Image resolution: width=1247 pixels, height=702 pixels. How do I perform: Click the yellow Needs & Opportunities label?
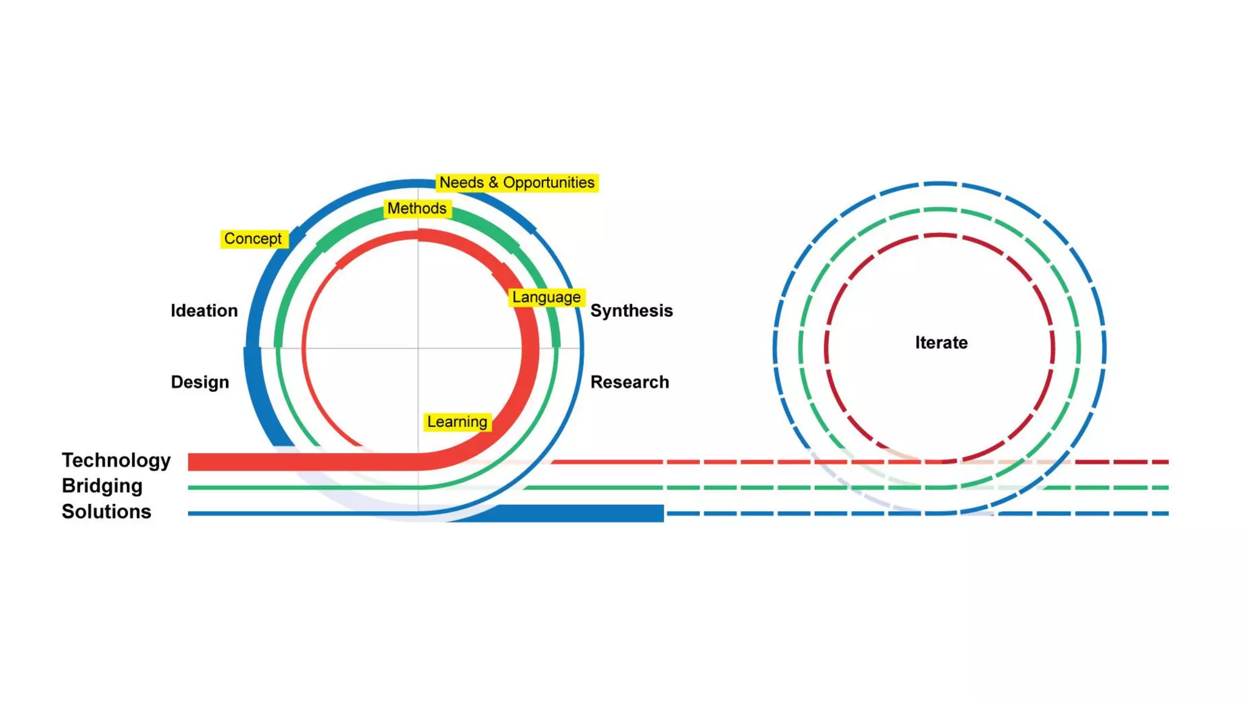click(x=517, y=183)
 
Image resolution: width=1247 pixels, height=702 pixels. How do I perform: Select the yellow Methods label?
click(x=417, y=208)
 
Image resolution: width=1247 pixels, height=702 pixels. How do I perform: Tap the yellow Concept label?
click(x=253, y=239)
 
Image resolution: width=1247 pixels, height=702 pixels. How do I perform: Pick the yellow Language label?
click(x=546, y=297)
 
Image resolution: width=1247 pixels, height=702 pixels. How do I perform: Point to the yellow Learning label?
click(x=457, y=422)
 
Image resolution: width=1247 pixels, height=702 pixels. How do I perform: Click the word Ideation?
click(x=204, y=311)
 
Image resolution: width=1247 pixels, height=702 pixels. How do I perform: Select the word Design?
click(x=200, y=382)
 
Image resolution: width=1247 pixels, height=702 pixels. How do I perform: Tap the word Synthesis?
click(x=631, y=311)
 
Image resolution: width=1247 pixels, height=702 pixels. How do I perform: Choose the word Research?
click(x=630, y=382)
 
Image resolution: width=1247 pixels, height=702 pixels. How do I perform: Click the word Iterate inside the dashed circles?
click(x=941, y=342)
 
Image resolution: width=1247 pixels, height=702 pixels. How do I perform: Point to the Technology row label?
click(x=116, y=460)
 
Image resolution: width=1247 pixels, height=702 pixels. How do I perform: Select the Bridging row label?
click(x=102, y=486)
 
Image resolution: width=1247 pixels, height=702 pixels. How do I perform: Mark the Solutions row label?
click(x=106, y=511)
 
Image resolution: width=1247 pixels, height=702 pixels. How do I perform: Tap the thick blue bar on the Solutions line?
click(x=578, y=513)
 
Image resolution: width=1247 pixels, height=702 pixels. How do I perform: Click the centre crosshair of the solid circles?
click(x=418, y=348)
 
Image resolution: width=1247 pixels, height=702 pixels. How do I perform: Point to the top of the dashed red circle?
click(x=940, y=235)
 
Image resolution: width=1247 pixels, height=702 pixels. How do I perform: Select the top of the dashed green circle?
click(x=940, y=210)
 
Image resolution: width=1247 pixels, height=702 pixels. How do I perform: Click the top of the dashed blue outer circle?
click(x=940, y=183)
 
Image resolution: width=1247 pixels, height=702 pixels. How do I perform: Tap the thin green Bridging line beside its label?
click(x=244, y=487)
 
